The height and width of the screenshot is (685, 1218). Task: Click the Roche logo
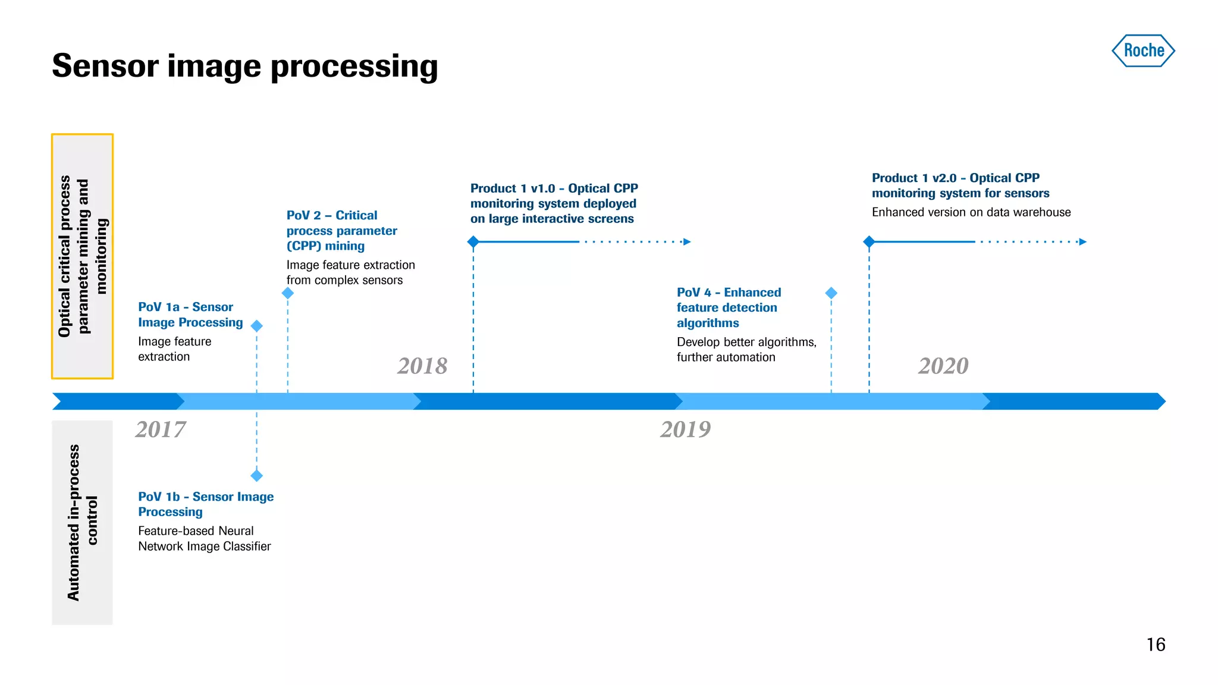tap(1143, 51)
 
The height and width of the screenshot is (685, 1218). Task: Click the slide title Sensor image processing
tap(244, 66)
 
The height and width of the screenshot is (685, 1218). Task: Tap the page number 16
tap(1156, 645)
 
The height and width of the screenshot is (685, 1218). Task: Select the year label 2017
tap(161, 429)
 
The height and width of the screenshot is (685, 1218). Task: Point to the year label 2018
tap(422, 366)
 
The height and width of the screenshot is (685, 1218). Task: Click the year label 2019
tap(686, 429)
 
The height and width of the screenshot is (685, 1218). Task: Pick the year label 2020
tap(943, 366)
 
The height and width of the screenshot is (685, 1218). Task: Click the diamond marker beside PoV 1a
tap(257, 326)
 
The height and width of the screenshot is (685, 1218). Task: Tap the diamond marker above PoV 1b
tap(257, 476)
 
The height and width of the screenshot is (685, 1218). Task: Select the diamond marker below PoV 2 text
tap(288, 293)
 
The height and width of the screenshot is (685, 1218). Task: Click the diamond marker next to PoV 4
tap(831, 293)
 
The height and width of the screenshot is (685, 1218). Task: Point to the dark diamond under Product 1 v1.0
tap(473, 242)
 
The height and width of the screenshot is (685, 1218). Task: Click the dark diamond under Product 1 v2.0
tap(869, 242)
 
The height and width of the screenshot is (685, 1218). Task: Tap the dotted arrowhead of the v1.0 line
tap(687, 242)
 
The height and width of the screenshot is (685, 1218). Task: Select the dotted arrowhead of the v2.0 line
tap(1083, 242)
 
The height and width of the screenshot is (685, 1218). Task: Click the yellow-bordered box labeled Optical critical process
tap(83, 256)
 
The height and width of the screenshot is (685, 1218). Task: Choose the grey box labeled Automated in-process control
tap(82, 522)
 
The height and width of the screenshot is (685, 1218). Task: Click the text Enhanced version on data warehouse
tap(971, 212)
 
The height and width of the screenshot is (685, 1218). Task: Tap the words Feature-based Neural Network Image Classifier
tap(204, 538)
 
